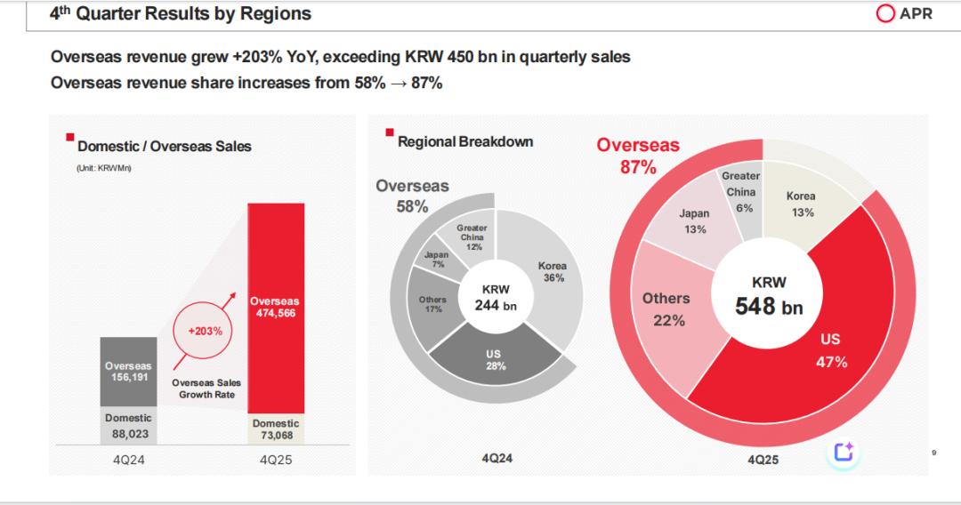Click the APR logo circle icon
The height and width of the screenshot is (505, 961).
pyautogui.click(x=886, y=14)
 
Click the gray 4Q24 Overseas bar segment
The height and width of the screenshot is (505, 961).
pyautogui.click(x=128, y=371)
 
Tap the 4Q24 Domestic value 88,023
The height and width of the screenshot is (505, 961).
pyautogui.click(x=128, y=435)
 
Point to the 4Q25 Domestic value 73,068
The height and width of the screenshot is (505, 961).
pyautogui.click(x=276, y=436)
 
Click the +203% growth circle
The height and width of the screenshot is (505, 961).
pyautogui.click(x=205, y=332)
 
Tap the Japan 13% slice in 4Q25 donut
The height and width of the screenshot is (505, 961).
pyautogui.click(x=694, y=221)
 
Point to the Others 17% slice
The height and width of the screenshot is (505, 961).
pyautogui.click(x=433, y=305)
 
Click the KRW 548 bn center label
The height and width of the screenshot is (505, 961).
pyautogui.click(x=769, y=296)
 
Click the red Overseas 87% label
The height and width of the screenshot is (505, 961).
pyautogui.click(x=637, y=156)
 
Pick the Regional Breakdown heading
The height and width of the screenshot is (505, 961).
pyautogui.click(x=465, y=141)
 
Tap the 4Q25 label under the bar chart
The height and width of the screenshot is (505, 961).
pyautogui.click(x=275, y=460)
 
